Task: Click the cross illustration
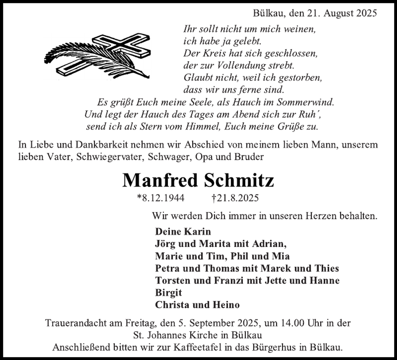click(124, 47)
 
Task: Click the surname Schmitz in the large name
click(239, 180)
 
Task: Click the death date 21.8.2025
click(238, 198)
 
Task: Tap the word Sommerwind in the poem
click(305, 102)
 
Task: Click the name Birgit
click(168, 293)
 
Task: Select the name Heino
click(226, 305)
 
